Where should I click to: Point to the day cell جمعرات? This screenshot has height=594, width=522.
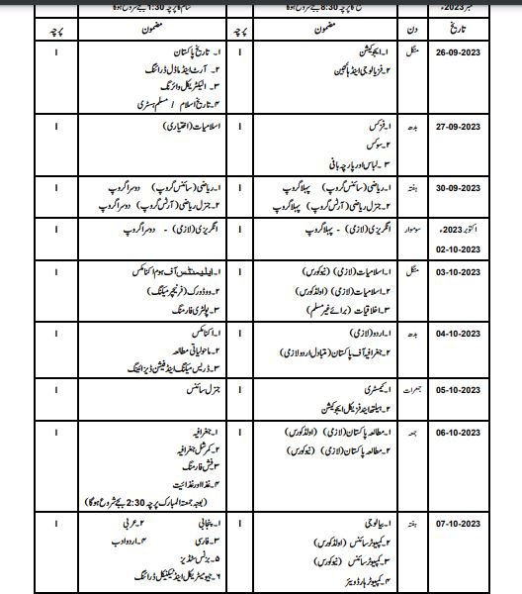coord(415,390)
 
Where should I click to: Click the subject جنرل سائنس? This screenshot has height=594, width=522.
coord(200,390)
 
